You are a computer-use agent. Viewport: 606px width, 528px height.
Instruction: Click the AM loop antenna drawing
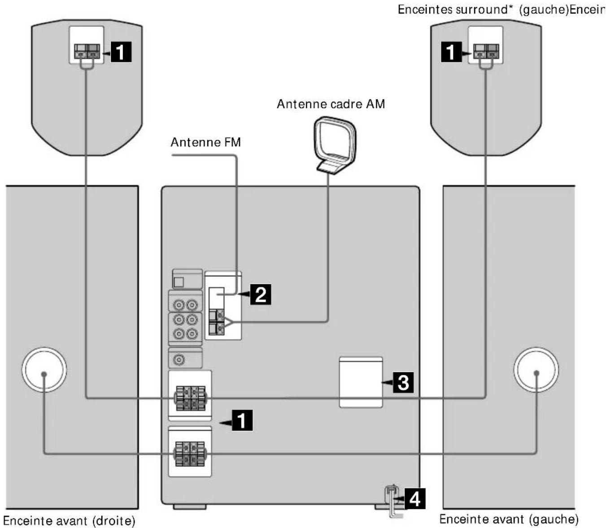[335, 145]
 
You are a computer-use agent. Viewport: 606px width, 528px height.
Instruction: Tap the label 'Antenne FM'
[205, 143]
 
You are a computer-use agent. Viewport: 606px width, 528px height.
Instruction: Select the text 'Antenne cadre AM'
[331, 104]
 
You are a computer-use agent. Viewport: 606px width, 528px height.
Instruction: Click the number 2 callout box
[261, 294]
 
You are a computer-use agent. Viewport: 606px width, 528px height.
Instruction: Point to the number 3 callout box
[403, 382]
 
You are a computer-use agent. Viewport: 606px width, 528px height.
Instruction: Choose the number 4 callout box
[414, 499]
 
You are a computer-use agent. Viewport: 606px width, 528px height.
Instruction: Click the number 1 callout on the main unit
[242, 420]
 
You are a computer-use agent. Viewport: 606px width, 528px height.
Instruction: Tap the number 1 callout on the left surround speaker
[121, 52]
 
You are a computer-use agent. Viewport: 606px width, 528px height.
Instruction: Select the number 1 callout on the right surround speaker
[451, 52]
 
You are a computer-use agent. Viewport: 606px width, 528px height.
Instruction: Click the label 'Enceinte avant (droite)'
[69, 520]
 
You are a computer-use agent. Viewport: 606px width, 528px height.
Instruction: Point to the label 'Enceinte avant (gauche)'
[509, 519]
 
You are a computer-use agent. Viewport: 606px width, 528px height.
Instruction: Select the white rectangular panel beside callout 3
[361, 382]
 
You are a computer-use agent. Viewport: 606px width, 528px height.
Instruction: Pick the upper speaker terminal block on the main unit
[190, 398]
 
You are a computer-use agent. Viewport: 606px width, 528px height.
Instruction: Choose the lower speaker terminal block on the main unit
[190, 454]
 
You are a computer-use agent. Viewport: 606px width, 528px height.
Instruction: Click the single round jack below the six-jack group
[179, 359]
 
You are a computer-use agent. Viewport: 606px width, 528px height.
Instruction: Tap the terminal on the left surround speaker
[87, 51]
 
